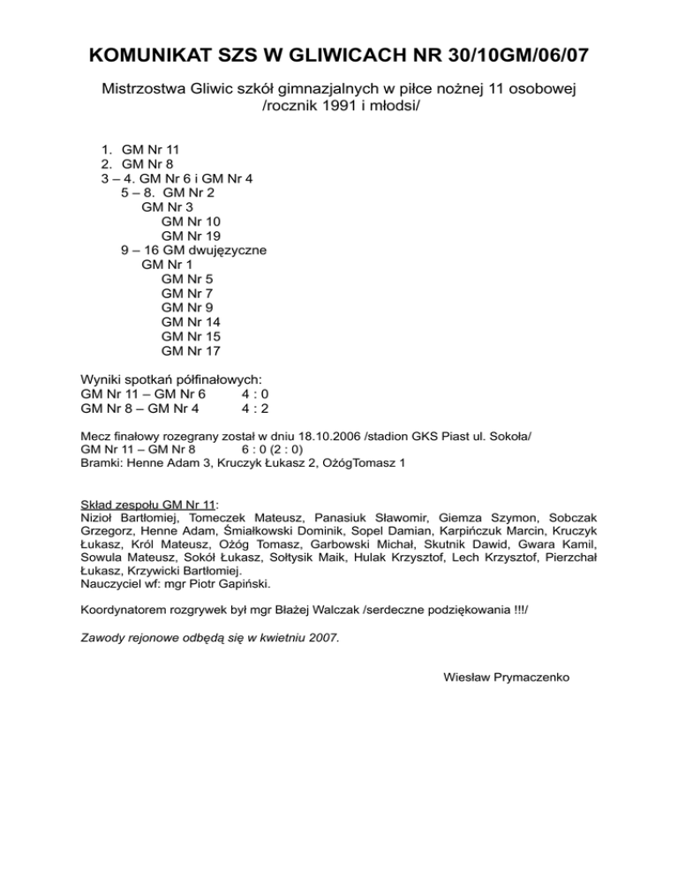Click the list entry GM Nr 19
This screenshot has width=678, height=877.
[192, 236]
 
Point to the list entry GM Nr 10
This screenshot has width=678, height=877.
[192, 221]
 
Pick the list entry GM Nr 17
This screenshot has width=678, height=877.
[192, 351]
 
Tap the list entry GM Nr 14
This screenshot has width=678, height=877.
[192, 322]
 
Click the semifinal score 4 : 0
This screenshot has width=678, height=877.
[255, 394]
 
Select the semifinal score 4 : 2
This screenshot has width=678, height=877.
[255, 409]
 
